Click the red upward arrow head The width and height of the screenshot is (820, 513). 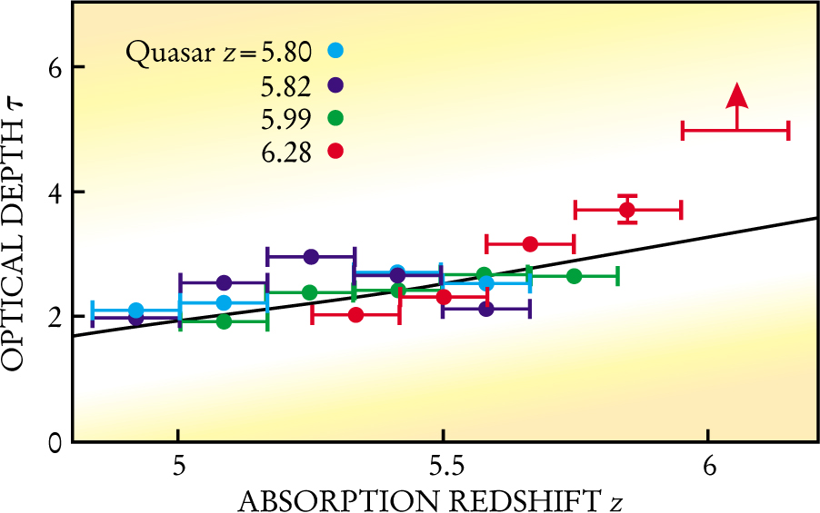(x=737, y=94)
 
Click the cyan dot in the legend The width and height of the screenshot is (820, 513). (x=336, y=51)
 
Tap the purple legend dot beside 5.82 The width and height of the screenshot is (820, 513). (x=336, y=84)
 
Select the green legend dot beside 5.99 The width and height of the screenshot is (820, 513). (x=336, y=118)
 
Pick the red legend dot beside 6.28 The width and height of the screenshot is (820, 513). (x=336, y=151)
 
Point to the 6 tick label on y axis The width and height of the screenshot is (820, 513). (x=55, y=68)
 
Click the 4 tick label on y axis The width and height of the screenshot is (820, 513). (x=55, y=192)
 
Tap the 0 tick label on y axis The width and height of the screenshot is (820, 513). (x=55, y=442)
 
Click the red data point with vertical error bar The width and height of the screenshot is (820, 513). (x=627, y=210)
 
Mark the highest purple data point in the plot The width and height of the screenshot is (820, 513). (x=311, y=257)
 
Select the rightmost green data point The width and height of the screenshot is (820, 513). (x=574, y=276)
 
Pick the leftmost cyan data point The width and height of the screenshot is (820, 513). (x=136, y=311)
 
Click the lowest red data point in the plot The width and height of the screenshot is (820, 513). (x=355, y=315)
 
